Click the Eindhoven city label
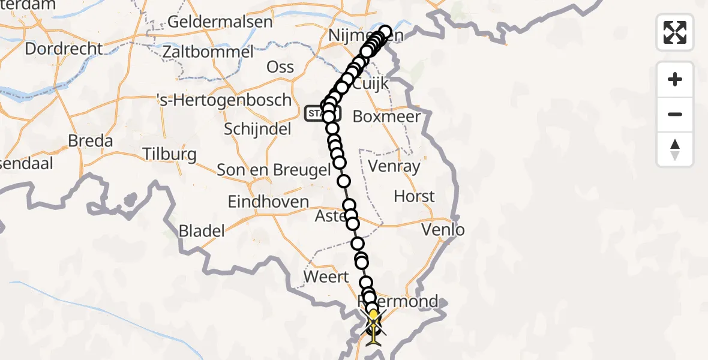pyautogui.click(x=268, y=202)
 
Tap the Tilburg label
pyautogui.click(x=170, y=154)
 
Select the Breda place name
pyautogui.click(x=91, y=141)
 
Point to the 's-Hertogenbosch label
pyautogui.click(x=223, y=100)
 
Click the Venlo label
pyautogui.click(x=443, y=229)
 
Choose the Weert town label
pyautogui.click(x=326, y=277)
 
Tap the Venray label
pyautogui.click(x=394, y=166)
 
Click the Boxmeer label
pyautogui.click(x=387, y=116)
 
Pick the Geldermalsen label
pyautogui.click(x=220, y=22)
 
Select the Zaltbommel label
pyautogui.click(x=208, y=52)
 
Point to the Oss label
pyautogui.click(x=281, y=66)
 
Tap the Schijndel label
pyautogui.click(x=257, y=128)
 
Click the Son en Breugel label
pyautogui.click(x=274, y=170)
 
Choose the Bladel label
pyautogui.click(x=202, y=230)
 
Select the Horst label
pyautogui.click(x=414, y=196)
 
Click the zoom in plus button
pyautogui.click(x=675, y=79)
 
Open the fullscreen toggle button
pyautogui.click(x=675, y=32)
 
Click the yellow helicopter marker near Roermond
pyautogui.click(x=373, y=327)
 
